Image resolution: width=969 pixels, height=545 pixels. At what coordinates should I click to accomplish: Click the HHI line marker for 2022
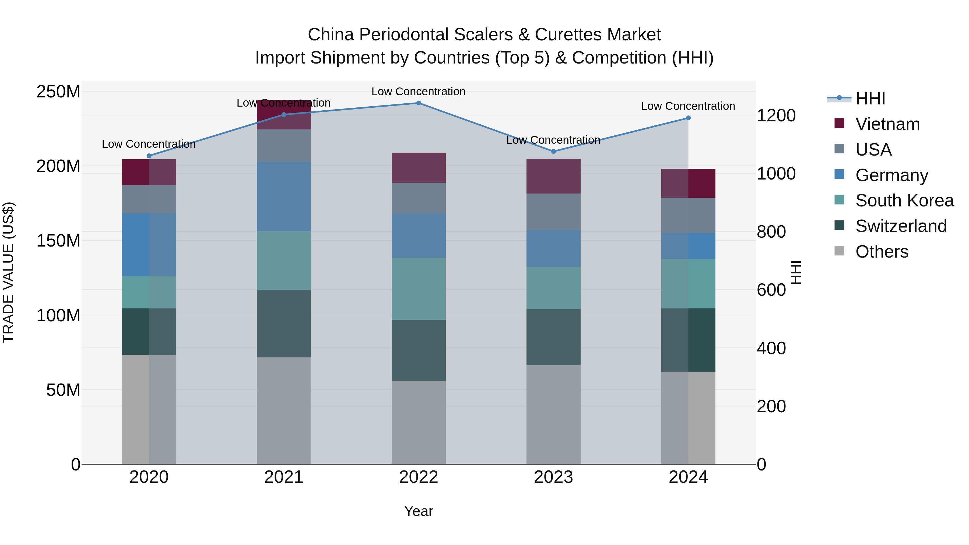click(418, 103)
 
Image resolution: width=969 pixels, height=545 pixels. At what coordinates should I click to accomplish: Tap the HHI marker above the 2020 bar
click(149, 156)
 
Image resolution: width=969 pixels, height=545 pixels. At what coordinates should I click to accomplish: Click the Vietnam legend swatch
click(839, 123)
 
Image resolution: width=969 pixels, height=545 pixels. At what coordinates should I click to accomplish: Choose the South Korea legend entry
click(904, 201)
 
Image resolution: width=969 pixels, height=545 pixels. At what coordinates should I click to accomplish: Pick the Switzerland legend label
click(901, 226)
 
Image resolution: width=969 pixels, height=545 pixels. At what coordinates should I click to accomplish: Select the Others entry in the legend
click(882, 252)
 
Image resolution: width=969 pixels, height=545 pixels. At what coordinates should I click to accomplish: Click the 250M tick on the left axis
click(58, 92)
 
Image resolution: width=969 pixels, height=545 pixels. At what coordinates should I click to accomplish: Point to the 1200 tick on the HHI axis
click(776, 115)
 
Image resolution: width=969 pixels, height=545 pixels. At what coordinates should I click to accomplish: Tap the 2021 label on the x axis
click(284, 477)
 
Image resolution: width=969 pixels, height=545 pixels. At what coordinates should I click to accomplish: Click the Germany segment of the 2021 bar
click(284, 196)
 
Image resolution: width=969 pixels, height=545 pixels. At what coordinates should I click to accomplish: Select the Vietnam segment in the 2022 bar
click(418, 168)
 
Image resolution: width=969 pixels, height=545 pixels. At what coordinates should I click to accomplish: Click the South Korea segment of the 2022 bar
click(418, 289)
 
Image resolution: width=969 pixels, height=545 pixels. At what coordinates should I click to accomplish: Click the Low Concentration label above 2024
click(688, 106)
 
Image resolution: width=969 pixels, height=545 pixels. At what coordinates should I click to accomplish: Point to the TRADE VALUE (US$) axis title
click(8, 272)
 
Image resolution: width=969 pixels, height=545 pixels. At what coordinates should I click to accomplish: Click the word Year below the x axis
click(418, 511)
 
